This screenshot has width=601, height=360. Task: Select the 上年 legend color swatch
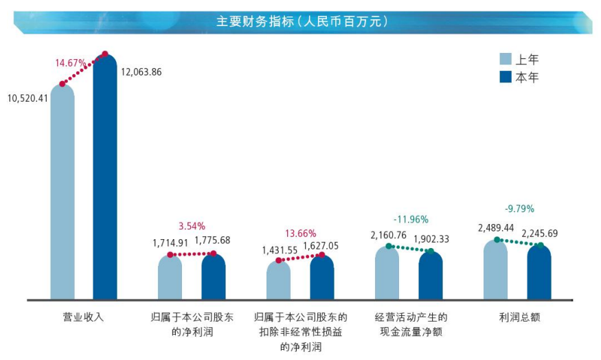(x=506, y=59)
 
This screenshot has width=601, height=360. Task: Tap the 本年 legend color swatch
(x=506, y=77)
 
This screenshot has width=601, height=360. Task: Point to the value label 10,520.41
(x=28, y=98)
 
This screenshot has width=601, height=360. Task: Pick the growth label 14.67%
(x=71, y=63)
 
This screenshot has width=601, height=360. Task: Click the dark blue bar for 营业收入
(x=105, y=179)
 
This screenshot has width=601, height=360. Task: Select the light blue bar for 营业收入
(x=63, y=192)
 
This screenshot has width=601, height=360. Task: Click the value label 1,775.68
(x=212, y=240)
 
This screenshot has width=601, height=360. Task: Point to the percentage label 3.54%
(x=192, y=225)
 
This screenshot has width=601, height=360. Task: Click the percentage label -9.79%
(x=519, y=209)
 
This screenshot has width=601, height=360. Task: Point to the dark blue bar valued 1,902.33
(x=431, y=276)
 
